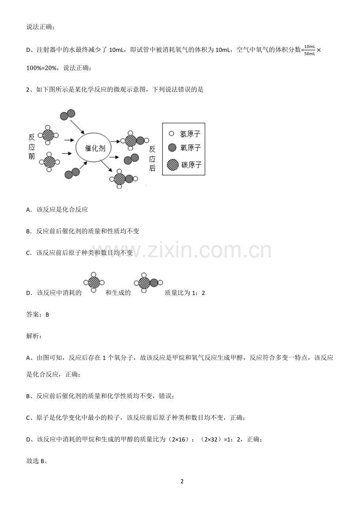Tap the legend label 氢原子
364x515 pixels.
click(190, 134)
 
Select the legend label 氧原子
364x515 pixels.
click(190, 147)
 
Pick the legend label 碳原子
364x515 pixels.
click(191, 164)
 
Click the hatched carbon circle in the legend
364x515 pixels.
click(173, 164)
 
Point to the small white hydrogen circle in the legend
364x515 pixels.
click(171, 134)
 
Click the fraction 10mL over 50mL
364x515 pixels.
click(309, 50)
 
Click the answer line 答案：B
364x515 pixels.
click(38, 314)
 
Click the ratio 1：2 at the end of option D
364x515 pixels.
click(198, 292)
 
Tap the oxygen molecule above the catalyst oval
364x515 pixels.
click(67, 115)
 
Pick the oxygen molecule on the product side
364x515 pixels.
click(131, 159)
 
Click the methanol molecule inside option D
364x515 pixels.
click(148, 283)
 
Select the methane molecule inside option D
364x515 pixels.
click(94, 282)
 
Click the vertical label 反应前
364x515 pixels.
click(32, 147)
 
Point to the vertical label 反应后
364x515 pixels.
click(152, 158)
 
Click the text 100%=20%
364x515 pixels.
click(42, 68)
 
